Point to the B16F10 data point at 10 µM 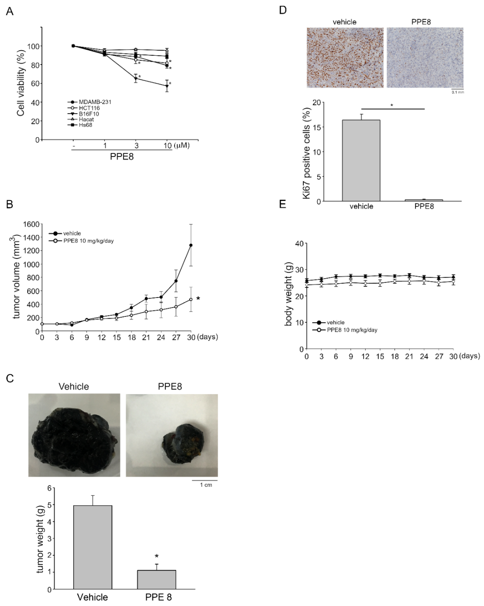tap(167, 86)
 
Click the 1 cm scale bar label tap(206, 485)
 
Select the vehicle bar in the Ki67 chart tap(361, 160)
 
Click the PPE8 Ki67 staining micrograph tap(425, 58)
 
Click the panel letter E tap(282, 204)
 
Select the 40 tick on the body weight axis tap(300, 243)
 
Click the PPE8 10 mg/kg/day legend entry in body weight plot tap(352, 330)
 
